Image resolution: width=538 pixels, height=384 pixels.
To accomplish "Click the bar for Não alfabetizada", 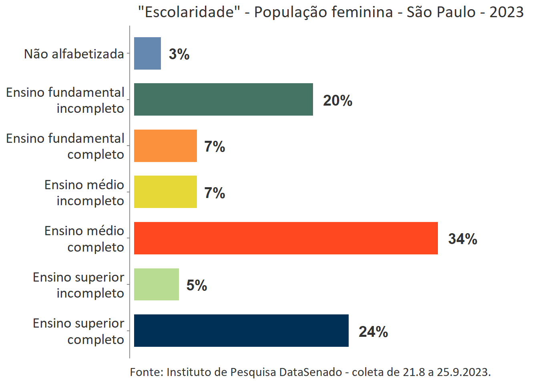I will pos(147,54).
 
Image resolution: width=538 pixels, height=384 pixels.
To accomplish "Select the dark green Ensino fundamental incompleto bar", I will pos(223,100).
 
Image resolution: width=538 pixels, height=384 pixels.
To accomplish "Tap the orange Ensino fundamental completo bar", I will pos(165,146).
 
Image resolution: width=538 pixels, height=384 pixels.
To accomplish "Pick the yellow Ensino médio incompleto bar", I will pos(165,192).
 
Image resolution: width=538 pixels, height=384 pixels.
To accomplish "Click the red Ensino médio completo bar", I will pos(286,238).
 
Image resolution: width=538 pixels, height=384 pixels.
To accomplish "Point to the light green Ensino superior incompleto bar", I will pos(157,284).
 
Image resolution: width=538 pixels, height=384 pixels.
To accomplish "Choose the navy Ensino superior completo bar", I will pos(241,330).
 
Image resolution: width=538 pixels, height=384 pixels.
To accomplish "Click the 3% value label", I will pos(179,54).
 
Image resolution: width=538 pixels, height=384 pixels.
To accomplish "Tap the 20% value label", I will pos(337,100).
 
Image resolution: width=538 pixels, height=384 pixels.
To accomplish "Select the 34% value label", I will pos(462,239).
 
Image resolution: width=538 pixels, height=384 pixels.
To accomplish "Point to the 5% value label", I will pos(197,285).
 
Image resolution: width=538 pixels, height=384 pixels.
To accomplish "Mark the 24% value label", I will pos(373,332).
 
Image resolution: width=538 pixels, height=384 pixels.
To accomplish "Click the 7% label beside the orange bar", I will pos(215,146).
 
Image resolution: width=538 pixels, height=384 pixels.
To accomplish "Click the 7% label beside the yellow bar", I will pos(215,193).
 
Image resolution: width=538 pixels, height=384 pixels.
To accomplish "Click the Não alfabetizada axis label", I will pos(74,54).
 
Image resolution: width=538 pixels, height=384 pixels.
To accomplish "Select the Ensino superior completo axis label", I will pos(78,331).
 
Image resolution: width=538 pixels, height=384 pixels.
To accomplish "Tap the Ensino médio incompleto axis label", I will pos(84,192).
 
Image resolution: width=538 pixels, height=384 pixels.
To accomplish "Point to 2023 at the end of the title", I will pos(506,12).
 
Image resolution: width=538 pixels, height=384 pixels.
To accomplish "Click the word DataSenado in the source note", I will pos(310,372).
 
